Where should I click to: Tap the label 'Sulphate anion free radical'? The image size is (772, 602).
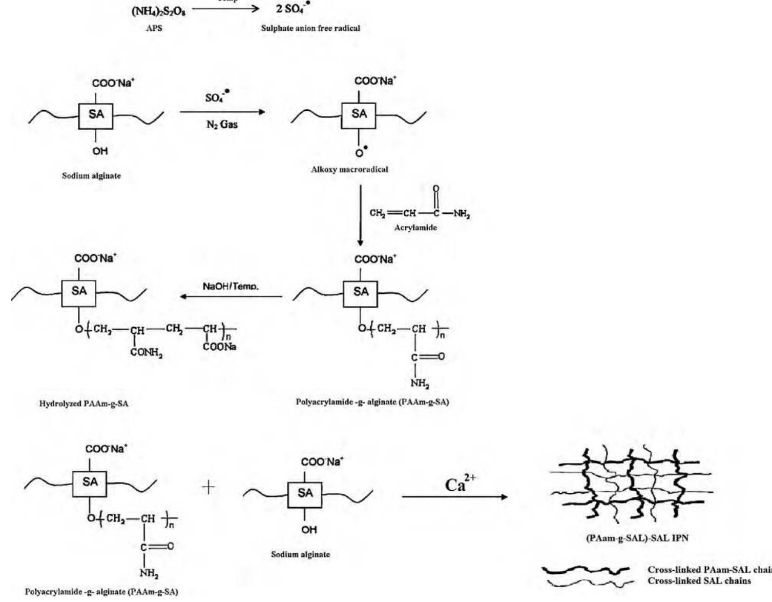pyautogui.click(x=310, y=28)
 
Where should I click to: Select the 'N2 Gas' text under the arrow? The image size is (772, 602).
pyautogui.click(x=222, y=124)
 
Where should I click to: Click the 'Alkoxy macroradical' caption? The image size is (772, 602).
pyautogui.click(x=349, y=169)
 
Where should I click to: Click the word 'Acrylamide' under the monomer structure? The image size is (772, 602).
pyautogui.click(x=415, y=227)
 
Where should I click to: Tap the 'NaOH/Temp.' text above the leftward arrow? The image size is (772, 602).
pyautogui.click(x=231, y=286)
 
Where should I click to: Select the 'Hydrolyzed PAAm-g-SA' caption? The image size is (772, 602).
pyautogui.click(x=84, y=404)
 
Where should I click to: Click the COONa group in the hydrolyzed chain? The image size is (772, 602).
pyautogui.click(x=220, y=347)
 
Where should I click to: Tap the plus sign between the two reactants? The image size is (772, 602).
pyautogui.click(x=208, y=487)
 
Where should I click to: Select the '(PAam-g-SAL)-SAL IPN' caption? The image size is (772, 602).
pyautogui.click(x=637, y=538)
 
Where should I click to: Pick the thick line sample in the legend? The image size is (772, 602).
pyautogui.click(x=586, y=570)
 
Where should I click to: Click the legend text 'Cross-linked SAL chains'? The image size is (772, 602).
pyautogui.click(x=699, y=581)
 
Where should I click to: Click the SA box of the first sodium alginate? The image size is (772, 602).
pyautogui.click(x=96, y=114)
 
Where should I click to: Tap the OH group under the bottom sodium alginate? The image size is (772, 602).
pyautogui.click(x=308, y=530)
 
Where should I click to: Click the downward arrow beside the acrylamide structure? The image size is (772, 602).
pyautogui.click(x=360, y=215)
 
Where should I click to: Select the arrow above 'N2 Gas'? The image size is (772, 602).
pyautogui.click(x=222, y=112)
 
